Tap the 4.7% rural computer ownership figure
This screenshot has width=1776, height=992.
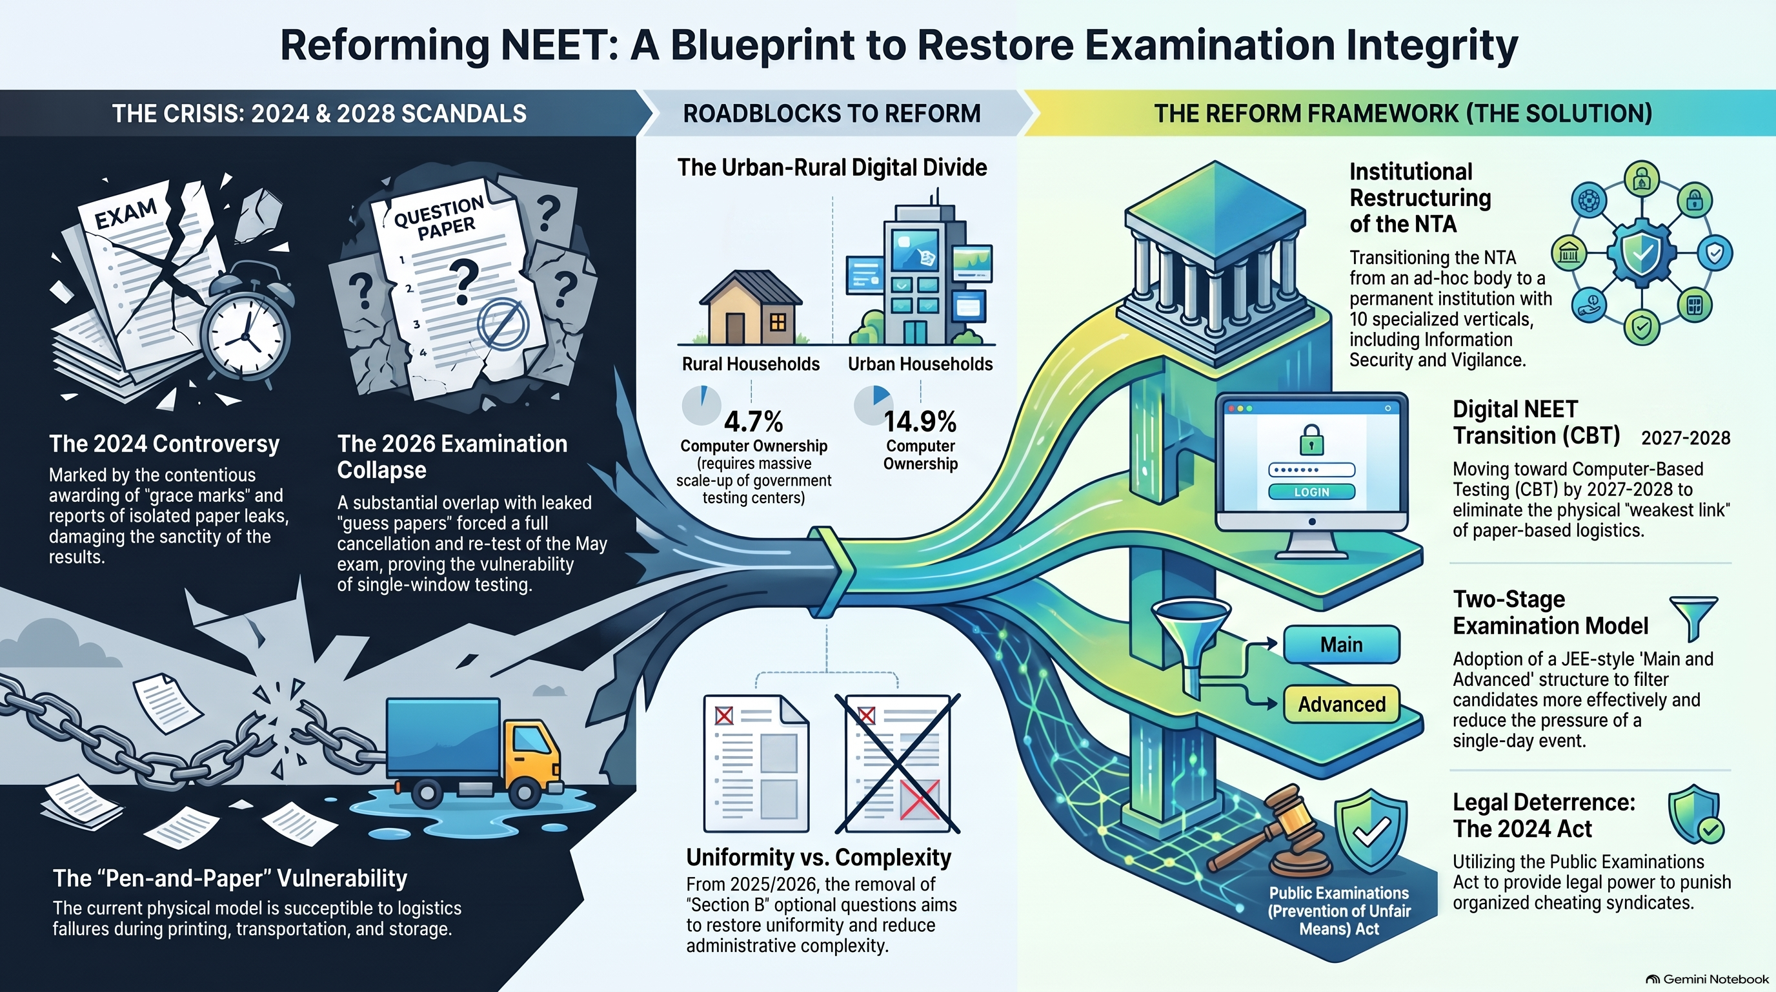point(754,421)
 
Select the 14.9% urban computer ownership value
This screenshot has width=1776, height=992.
point(920,421)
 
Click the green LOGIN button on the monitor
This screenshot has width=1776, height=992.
point(1311,492)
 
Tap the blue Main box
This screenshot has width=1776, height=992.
point(1342,645)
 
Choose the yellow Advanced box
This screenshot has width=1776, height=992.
point(1342,705)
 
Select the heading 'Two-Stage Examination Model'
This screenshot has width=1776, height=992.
point(1551,613)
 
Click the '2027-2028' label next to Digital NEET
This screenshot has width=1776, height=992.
point(1686,438)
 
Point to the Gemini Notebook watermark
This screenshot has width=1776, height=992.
point(1707,979)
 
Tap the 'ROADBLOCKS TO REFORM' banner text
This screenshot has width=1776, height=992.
point(831,114)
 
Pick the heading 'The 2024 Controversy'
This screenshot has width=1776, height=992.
point(164,444)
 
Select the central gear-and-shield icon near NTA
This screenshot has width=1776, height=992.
point(1642,253)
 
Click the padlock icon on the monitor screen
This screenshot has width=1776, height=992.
point(1311,439)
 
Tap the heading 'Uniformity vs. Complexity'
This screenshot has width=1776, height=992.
point(818,858)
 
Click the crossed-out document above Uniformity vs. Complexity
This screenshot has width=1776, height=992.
point(897,763)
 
